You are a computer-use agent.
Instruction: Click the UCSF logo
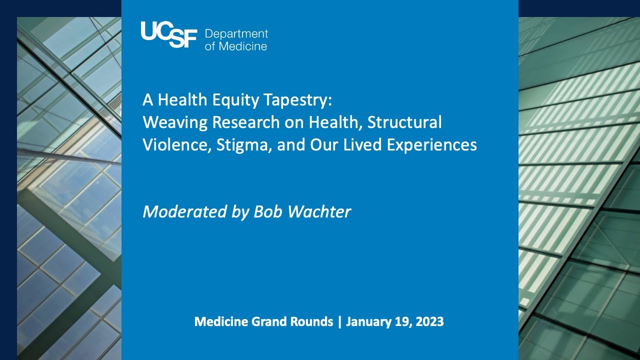pyautogui.click(x=169, y=34)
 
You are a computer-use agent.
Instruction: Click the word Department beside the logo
pyautogui.click(x=236, y=34)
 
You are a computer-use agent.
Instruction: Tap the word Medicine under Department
pyautogui.click(x=243, y=46)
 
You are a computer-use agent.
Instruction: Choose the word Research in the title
pyautogui.click(x=245, y=122)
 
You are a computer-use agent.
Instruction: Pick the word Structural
pyautogui.click(x=404, y=122)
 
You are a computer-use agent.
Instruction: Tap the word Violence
pyautogui.click(x=177, y=144)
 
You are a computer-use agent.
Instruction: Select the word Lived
pyautogui.click(x=362, y=144)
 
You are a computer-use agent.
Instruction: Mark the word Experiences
pyautogui.click(x=431, y=145)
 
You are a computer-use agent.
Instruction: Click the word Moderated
pyautogui.click(x=184, y=211)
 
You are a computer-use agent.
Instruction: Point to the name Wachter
pyautogui.click(x=319, y=211)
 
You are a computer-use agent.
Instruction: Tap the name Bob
pyautogui.click(x=268, y=211)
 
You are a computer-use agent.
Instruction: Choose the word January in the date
pyautogui.click(x=368, y=322)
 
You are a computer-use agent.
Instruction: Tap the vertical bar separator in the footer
pyautogui.click(x=339, y=321)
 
